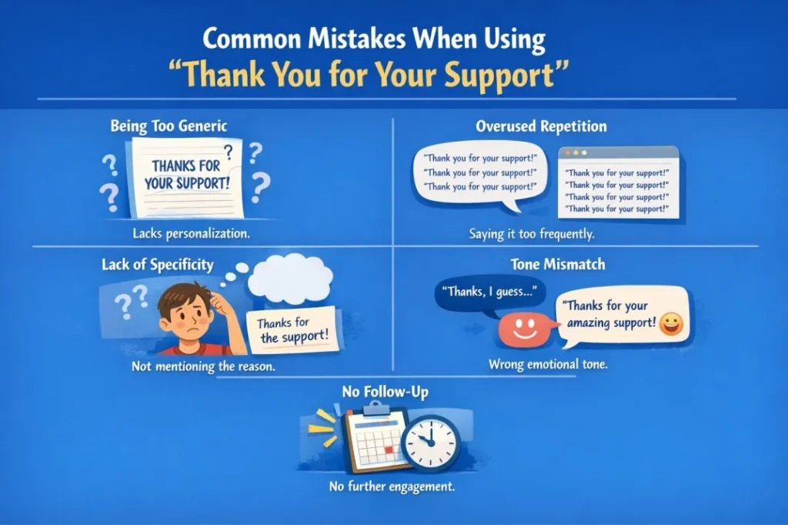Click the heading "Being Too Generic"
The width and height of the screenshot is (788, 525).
169,126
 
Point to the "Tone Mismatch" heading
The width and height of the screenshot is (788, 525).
547,265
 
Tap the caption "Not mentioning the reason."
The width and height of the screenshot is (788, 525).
203,366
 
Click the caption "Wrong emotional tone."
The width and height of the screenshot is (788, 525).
548,365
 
